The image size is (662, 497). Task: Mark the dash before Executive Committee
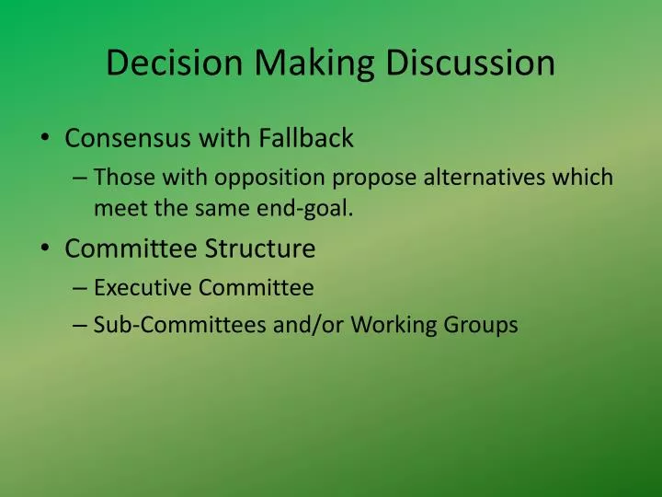click(79, 288)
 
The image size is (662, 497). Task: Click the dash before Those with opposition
click(79, 178)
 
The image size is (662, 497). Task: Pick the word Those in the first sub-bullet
click(122, 177)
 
